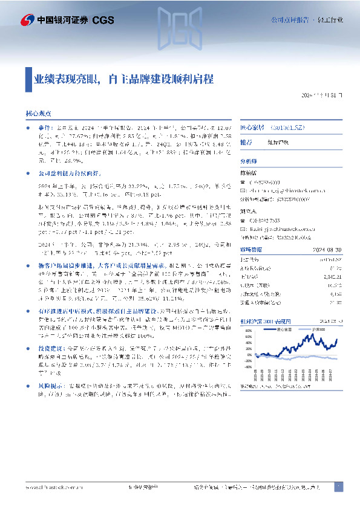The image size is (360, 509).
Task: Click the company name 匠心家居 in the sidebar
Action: [x=252, y=128]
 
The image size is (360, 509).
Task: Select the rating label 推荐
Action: [x=246, y=142]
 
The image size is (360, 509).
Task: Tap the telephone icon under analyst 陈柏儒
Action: [x=244, y=182]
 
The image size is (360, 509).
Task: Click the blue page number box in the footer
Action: [x=339, y=486]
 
